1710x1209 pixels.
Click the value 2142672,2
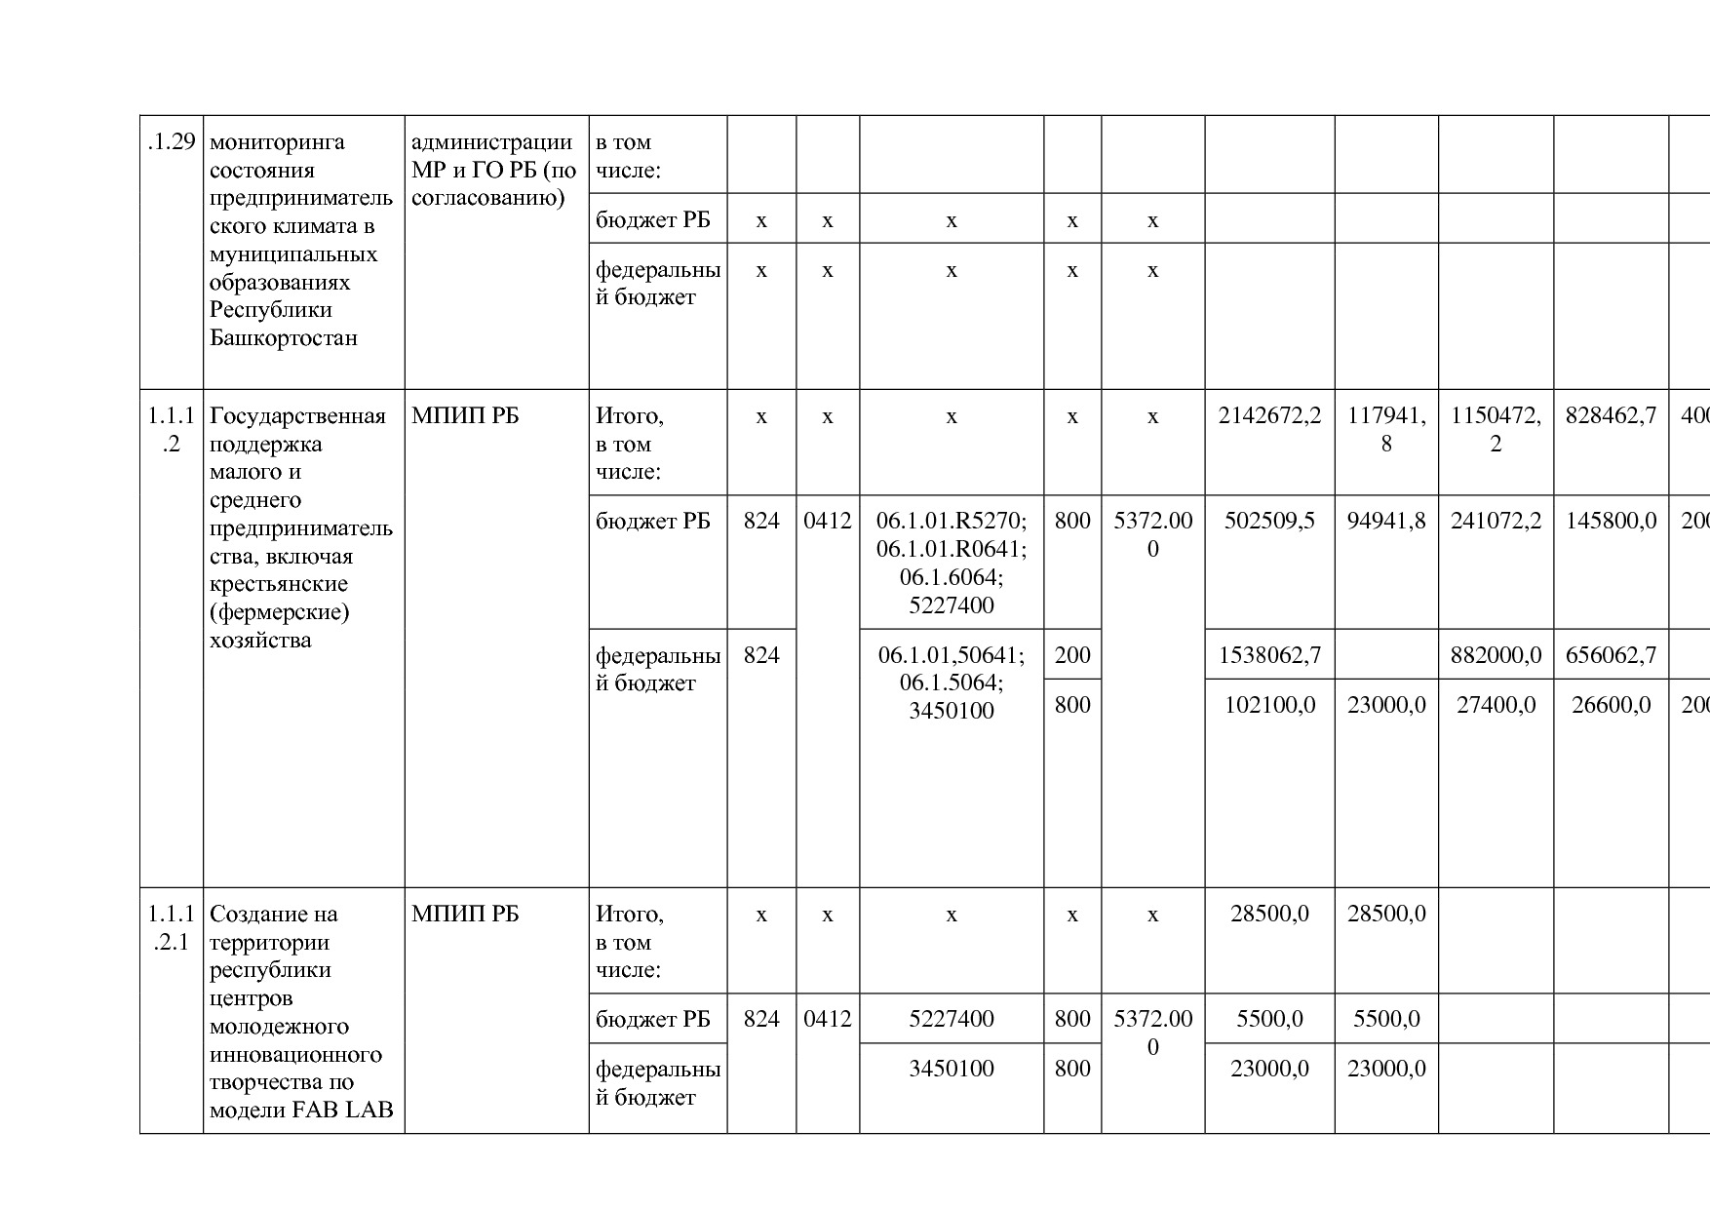click(1269, 416)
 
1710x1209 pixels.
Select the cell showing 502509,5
click(1269, 521)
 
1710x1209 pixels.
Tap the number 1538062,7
click(1269, 655)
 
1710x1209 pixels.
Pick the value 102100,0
click(1269, 705)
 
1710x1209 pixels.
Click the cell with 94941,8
click(1386, 521)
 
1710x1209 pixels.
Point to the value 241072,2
click(1496, 521)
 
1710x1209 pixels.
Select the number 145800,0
click(1611, 521)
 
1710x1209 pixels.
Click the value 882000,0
click(1496, 655)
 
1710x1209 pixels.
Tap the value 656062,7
click(1611, 655)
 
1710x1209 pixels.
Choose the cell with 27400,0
click(1496, 705)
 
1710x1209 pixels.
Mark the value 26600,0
click(1611, 705)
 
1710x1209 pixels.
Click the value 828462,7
click(1611, 416)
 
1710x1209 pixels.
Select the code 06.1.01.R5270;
click(951, 521)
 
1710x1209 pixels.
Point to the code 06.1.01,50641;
click(951, 655)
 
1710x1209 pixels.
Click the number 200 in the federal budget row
click(1072, 655)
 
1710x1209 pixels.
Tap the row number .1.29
click(172, 142)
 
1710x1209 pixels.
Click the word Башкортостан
click(284, 338)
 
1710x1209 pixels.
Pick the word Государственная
click(297, 416)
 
